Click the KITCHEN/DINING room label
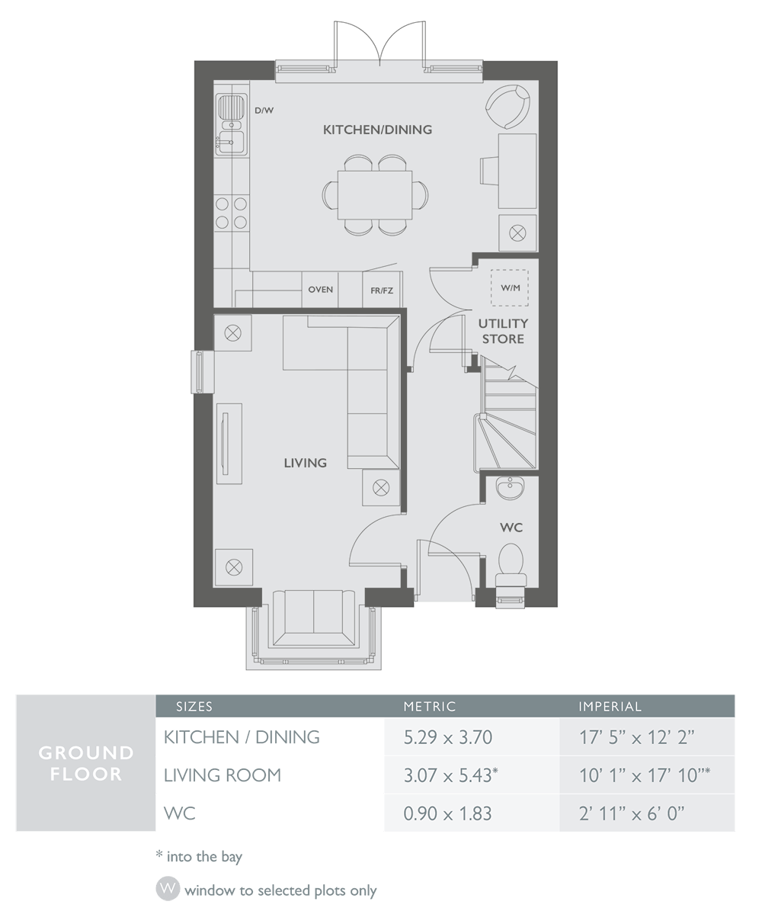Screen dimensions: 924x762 point(377,130)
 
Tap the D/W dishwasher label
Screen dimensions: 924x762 point(264,111)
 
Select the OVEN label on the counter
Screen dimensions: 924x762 point(321,290)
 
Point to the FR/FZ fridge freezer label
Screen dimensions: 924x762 point(382,290)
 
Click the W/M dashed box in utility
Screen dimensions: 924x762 point(510,288)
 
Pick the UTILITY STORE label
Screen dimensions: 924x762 point(503,331)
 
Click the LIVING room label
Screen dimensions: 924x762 point(305,463)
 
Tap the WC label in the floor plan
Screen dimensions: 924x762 point(511,528)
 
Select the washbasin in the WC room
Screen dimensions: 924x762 point(509,489)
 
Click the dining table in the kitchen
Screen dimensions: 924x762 point(375,195)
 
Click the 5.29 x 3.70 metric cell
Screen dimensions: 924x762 point(448,737)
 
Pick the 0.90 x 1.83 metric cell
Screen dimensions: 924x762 point(448,813)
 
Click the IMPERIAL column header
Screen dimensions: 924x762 point(610,707)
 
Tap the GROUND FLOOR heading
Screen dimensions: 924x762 point(85,763)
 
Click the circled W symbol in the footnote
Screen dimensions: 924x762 point(168,890)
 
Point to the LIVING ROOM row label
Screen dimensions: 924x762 point(223,775)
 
